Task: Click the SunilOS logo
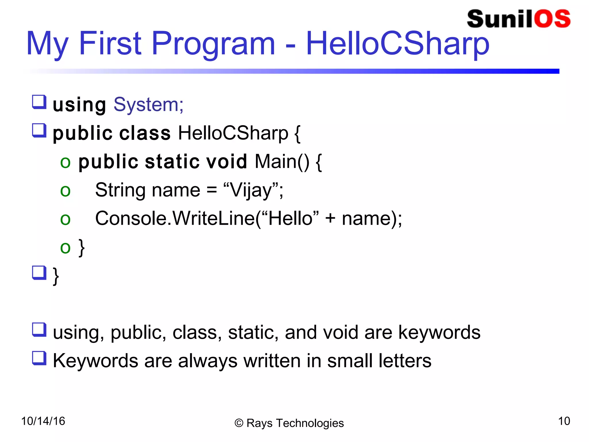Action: [519, 19]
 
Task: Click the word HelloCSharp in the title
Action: [397, 44]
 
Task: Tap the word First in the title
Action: [110, 44]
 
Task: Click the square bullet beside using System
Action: [39, 102]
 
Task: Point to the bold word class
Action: [145, 133]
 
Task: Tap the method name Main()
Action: [282, 161]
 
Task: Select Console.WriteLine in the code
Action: [175, 218]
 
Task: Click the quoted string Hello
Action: [290, 218]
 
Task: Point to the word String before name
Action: [120, 190]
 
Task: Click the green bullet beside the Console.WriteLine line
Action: [65, 220]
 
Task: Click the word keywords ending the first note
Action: [439, 333]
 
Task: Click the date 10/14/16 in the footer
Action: [43, 421]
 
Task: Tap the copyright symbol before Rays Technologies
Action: [239, 423]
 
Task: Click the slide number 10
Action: [564, 421]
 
